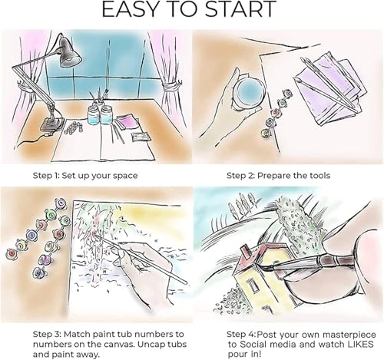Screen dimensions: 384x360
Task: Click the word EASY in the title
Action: coord(130,9)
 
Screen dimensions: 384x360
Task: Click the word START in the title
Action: coord(240,9)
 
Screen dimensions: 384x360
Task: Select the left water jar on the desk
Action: coord(93,114)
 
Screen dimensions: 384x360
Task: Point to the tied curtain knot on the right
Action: coord(172,86)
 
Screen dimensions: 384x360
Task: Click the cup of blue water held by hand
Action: coord(249,91)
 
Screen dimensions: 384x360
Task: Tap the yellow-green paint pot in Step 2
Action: coord(266,133)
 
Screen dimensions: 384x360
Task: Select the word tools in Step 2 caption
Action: coord(319,176)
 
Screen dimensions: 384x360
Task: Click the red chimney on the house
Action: coord(246,251)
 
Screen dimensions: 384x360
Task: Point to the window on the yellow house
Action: coord(253,285)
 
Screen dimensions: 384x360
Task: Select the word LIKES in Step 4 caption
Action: coord(360,344)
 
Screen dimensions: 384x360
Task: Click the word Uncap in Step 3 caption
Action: coord(150,345)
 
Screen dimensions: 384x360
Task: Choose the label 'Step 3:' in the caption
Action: coord(47,335)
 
